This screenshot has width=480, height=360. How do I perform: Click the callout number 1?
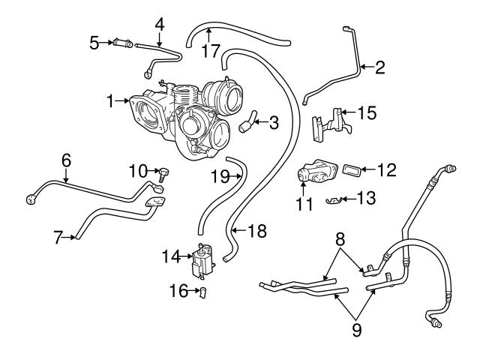click(x=110, y=101)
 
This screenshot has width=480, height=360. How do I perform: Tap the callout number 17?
click(x=211, y=51)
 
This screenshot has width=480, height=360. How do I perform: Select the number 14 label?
click(x=172, y=256)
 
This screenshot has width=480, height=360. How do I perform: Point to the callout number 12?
click(x=387, y=170)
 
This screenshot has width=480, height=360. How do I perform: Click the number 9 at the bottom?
click(x=357, y=330)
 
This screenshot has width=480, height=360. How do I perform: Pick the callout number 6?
click(x=66, y=160)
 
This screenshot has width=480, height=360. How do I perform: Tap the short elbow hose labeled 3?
click(x=247, y=123)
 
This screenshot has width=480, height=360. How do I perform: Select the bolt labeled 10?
click(x=164, y=174)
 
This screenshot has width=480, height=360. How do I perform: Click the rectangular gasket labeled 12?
click(x=352, y=169)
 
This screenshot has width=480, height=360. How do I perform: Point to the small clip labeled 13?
click(x=333, y=199)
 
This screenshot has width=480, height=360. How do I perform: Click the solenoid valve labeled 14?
click(x=203, y=261)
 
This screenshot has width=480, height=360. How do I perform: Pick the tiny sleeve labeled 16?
click(x=202, y=292)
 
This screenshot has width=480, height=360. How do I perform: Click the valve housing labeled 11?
click(x=316, y=171)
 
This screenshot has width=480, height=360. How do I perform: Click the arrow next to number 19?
click(x=235, y=175)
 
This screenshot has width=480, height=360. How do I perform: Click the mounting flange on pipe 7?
click(x=155, y=203)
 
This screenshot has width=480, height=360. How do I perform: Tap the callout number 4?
click(x=160, y=25)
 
